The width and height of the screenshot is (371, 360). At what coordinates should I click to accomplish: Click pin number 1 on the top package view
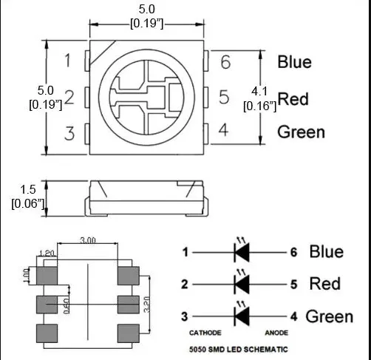pos(68,61)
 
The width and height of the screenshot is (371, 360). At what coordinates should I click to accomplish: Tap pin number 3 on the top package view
pos(69,134)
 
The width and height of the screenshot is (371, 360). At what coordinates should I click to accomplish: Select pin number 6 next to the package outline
pos(225,62)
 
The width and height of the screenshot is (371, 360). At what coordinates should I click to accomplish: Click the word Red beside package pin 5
pos(293,98)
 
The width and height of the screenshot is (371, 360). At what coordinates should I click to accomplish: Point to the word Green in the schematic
pos(329,316)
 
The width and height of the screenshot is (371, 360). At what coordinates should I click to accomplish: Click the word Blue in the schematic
pos(326,252)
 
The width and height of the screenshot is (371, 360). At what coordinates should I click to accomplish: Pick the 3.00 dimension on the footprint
pos(88,241)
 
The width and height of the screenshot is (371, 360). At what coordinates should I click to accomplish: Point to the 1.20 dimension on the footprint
pos(46,254)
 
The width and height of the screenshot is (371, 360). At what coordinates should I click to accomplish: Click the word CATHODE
pos(205,333)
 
